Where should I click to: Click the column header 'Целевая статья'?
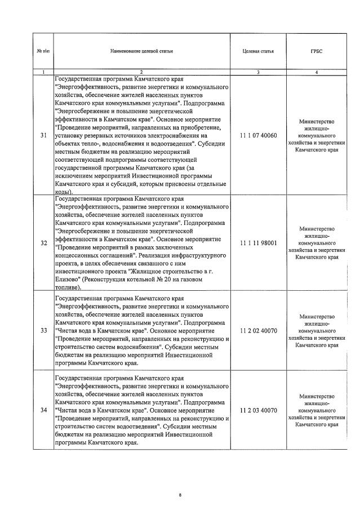(x=258, y=51)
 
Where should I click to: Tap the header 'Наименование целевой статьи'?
(x=141, y=51)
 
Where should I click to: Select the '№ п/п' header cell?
(x=43, y=51)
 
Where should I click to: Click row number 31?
(x=44, y=135)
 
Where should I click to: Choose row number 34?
(x=44, y=410)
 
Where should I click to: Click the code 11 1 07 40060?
(x=258, y=135)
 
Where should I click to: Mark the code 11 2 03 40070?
(x=258, y=410)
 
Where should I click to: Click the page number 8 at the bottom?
(x=180, y=495)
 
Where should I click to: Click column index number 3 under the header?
(x=258, y=72)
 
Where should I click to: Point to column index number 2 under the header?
(x=141, y=72)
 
